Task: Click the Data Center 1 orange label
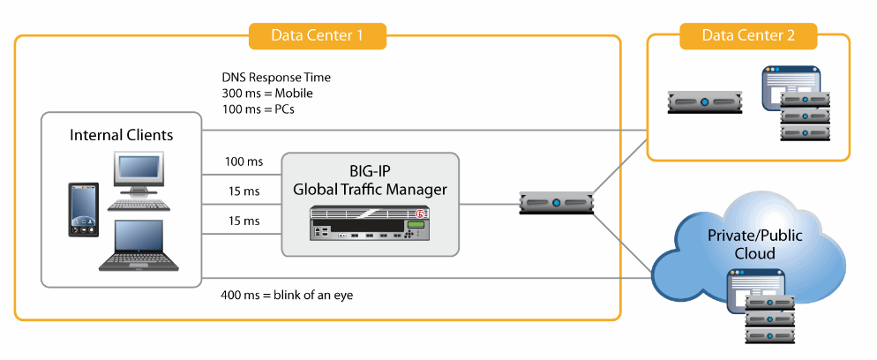(x=317, y=35)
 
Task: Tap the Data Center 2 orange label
(x=748, y=35)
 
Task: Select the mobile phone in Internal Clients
(x=83, y=210)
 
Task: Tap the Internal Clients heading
(x=121, y=135)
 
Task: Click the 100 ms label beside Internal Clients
(x=244, y=162)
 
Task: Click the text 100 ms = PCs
(x=258, y=109)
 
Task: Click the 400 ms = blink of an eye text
(x=287, y=294)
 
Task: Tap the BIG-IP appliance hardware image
(x=370, y=223)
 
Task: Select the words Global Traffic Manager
(x=371, y=190)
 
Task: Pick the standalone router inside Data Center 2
(x=705, y=103)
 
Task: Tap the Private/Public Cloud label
(x=754, y=244)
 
